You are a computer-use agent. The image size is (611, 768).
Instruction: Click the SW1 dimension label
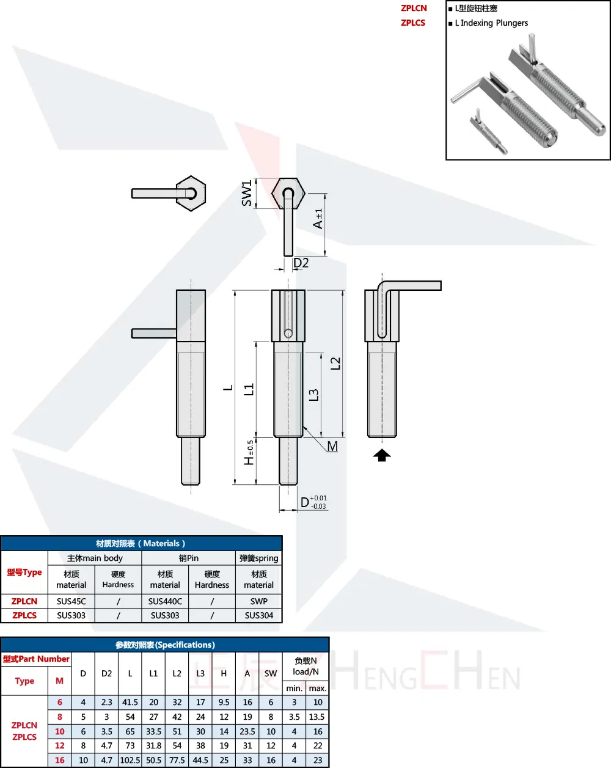point(247,193)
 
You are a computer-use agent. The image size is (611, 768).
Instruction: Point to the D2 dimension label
point(301,263)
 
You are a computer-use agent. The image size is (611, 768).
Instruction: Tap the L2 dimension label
point(335,363)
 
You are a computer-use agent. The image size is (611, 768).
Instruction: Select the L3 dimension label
point(313,395)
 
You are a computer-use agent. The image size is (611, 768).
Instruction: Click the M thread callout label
point(332,447)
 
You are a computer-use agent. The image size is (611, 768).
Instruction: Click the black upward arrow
point(382,455)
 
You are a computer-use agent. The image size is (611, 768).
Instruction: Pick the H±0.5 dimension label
point(249,453)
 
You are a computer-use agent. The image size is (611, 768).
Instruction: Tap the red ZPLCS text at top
point(413,23)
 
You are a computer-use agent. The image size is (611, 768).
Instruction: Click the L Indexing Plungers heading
point(491,23)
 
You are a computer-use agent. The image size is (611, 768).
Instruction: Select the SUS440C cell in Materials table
point(165,601)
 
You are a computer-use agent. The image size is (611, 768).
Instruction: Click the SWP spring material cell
point(258,601)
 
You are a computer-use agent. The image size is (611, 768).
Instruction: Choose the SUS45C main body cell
point(71,601)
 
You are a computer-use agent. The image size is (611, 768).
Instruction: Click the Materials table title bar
point(141,543)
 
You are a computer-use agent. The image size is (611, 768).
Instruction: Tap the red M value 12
point(59,745)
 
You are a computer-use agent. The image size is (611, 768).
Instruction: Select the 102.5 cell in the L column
point(130,760)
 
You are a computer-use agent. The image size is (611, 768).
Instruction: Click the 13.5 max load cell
point(317,717)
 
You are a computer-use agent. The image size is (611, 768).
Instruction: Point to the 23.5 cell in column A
point(247,731)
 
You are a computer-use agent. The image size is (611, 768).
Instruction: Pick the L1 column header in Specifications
point(153,673)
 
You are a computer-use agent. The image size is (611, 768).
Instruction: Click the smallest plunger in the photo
point(488,131)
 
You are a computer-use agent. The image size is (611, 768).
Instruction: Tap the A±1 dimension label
point(318,219)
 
